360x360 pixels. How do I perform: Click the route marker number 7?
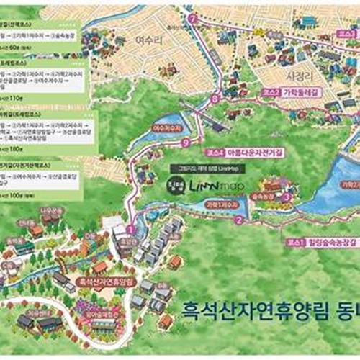[x=192, y=19]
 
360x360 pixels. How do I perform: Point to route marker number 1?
[x=131, y=229]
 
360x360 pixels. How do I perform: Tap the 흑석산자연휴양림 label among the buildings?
[x=105, y=280]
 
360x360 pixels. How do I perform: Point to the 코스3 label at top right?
[x=348, y=34]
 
